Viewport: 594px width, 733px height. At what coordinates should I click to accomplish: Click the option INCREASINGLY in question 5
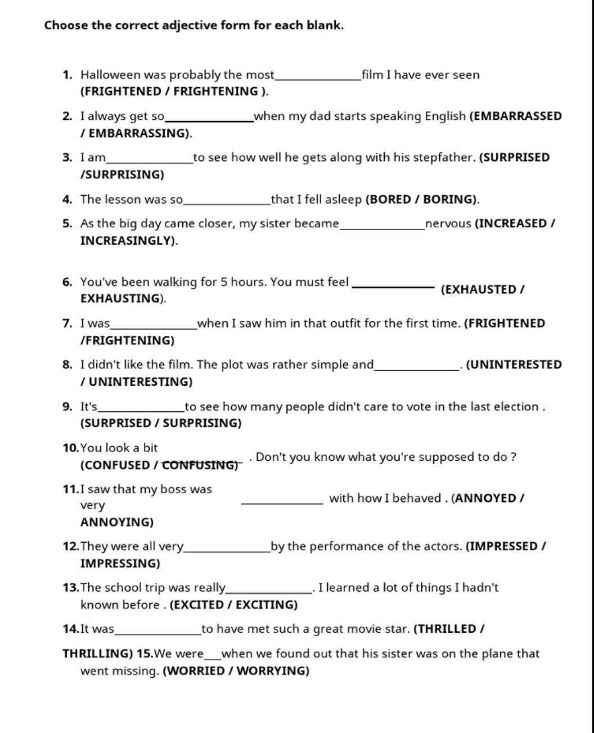[x=127, y=241]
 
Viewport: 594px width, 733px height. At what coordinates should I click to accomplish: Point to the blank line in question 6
[x=393, y=287]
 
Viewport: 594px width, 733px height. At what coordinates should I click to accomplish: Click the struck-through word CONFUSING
[x=199, y=465]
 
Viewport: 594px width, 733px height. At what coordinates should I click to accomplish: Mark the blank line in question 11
[x=282, y=503]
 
